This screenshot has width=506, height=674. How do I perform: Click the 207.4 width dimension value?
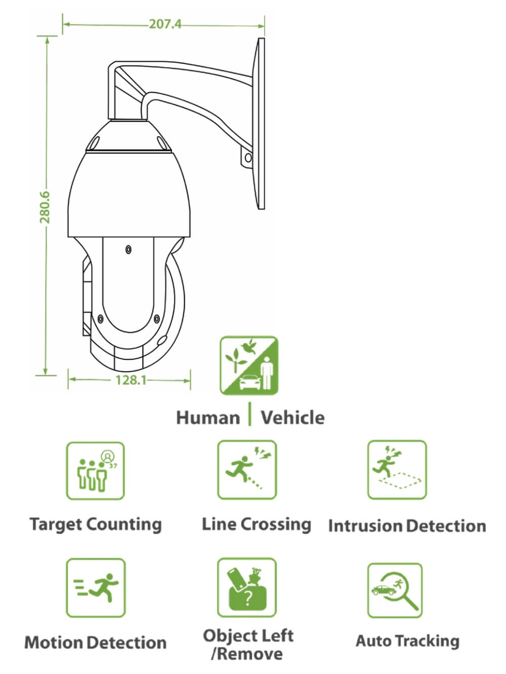pos(165,24)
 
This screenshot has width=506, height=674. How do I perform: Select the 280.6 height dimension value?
pos(45,207)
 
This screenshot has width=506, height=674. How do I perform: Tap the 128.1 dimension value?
pos(131,380)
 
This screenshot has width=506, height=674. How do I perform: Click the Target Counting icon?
pos(96,471)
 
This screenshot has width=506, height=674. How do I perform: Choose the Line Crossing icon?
pos(247,470)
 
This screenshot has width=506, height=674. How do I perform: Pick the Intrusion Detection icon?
pos(397,470)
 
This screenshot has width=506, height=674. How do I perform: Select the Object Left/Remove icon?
pos(247,587)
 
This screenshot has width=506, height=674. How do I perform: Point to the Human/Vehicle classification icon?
pos(249,365)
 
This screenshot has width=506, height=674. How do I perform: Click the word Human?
pos(208,418)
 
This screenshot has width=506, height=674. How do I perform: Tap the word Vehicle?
pos(292,417)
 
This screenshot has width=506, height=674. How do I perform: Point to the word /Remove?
pos(247,654)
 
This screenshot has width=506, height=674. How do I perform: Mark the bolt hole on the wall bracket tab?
pos(248,158)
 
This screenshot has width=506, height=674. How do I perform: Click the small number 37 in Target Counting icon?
pos(113,466)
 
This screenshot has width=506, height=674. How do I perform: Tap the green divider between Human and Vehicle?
pos(249,414)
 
